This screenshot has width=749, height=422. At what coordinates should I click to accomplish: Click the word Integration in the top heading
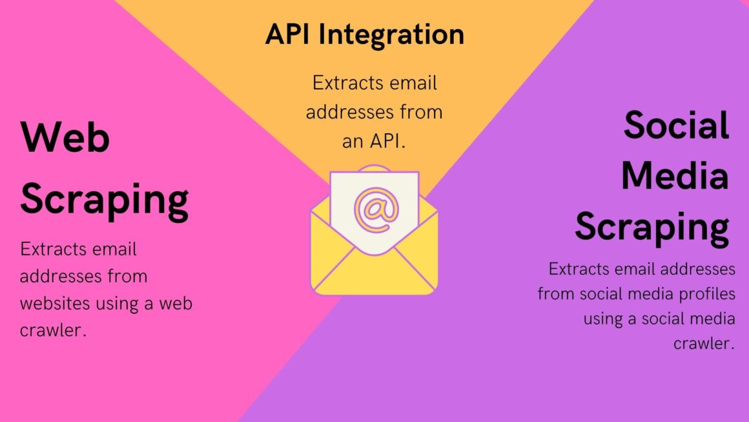point(391,36)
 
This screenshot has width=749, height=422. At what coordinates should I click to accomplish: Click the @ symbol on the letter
point(376,210)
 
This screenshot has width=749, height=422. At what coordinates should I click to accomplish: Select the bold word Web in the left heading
point(65,137)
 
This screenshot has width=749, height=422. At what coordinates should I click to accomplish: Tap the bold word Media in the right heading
point(675,175)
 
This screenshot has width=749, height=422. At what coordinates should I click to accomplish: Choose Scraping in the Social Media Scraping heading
point(652,228)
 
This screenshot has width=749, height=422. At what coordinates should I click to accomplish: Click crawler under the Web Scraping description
point(53,330)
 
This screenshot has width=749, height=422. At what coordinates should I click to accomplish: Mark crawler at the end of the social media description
point(704,343)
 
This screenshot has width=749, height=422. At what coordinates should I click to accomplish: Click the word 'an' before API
point(353,142)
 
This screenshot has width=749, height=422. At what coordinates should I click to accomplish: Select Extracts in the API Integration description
point(348,83)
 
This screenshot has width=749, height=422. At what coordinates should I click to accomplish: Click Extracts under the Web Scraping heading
point(53,249)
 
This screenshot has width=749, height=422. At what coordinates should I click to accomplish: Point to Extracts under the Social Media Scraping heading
point(579,269)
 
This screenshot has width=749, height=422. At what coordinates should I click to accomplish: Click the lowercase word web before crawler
point(176,303)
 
